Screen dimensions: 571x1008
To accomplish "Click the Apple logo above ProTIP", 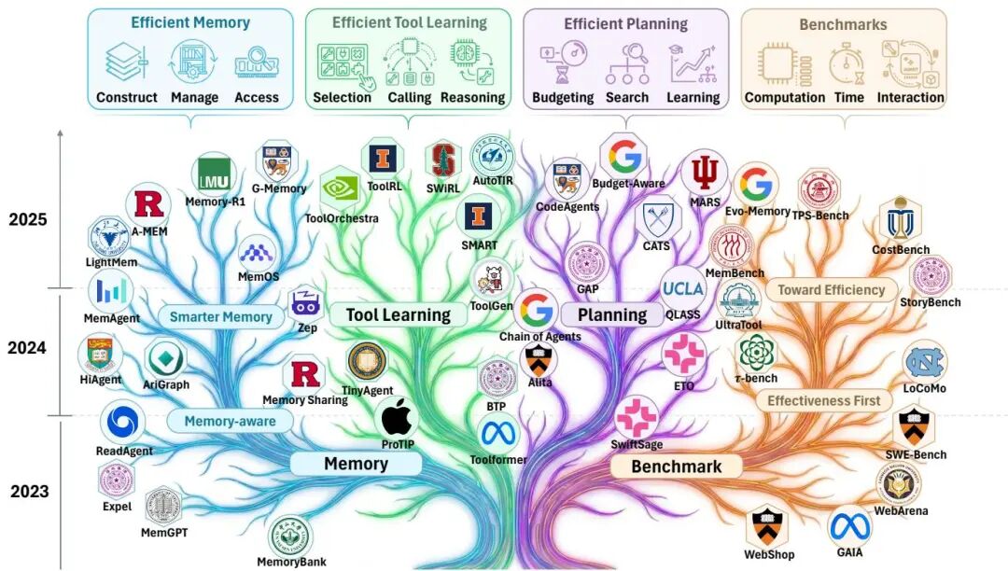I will pyautogui.click(x=397, y=416).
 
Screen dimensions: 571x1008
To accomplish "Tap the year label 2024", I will pyautogui.click(x=27, y=348).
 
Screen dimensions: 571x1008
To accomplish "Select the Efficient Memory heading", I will pyautogui.click(x=189, y=22).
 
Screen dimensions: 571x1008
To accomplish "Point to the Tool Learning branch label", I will pyautogui.click(x=398, y=314).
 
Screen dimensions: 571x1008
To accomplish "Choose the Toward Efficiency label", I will pyautogui.click(x=831, y=289).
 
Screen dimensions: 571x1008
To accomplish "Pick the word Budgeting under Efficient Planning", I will pyautogui.click(x=563, y=97).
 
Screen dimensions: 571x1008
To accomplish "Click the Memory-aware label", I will pyautogui.click(x=230, y=421).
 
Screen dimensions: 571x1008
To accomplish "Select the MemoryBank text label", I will pyautogui.click(x=291, y=562).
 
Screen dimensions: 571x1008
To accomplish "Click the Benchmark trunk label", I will pyautogui.click(x=676, y=466).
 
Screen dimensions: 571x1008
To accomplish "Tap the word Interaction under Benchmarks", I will pyautogui.click(x=910, y=97).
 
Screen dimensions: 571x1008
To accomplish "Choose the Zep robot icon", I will pyautogui.click(x=306, y=303).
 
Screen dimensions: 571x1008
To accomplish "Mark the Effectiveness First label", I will pyautogui.click(x=823, y=400).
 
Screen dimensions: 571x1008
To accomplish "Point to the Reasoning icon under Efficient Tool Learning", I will pyautogui.click(x=472, y=61).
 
